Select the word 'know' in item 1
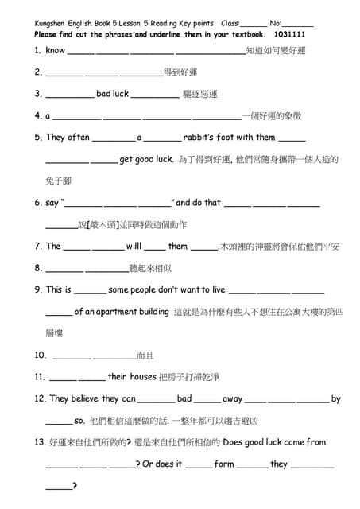[x=56, y=50]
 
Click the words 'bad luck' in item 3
[x=112, y=94]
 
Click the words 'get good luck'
[x=146, y=159]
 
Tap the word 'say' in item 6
[x=52, y=203]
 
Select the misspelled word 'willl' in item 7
[x=133, y=247]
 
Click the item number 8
[x=38, y=268]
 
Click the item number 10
[x=41, y=356]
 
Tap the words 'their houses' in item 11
[x=132, y=377]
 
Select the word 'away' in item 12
[x=232, y=399]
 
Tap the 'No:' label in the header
[x=275, y=25]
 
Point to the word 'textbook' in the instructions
[x=245, y=36]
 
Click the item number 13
[x=41, y=443]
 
